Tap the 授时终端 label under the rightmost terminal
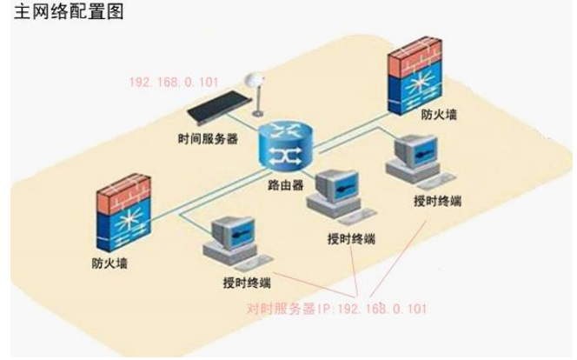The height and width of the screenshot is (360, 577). (438, 201)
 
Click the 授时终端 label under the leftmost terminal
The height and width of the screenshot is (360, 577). (246, 283)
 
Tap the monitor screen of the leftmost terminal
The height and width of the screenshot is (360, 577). (229, 232)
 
